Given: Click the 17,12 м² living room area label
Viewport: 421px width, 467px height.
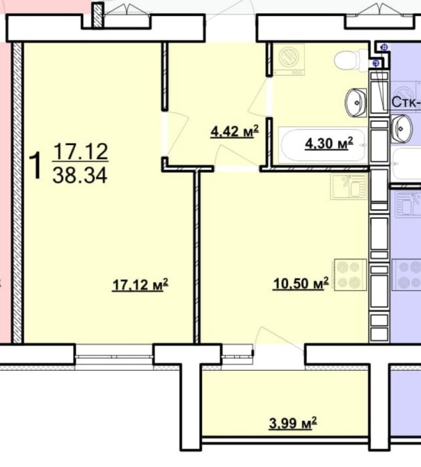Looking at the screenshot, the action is [x=140, y=284].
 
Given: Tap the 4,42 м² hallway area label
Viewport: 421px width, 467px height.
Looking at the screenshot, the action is [x=235, y=132].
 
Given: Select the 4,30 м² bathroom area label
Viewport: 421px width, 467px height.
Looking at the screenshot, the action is [x=329, y=144].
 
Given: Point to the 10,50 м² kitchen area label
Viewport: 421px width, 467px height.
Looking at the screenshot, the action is [x=301, y=284].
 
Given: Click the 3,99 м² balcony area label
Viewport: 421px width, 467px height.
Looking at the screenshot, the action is [x=293, y=423].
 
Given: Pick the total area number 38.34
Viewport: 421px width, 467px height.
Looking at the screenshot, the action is [x=80, y=175].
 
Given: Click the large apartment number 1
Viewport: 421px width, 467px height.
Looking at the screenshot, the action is [x=36, y=166].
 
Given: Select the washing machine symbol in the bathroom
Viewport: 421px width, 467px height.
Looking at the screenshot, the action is [x=289, y=59].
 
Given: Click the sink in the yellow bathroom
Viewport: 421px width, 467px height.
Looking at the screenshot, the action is [x=356, y=102].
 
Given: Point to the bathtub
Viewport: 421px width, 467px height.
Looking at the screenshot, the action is [x=323, y=146].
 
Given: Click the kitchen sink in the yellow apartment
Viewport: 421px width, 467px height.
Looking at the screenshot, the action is [x=349, y=187].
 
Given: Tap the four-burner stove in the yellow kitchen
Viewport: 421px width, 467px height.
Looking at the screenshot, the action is [x=350, y=275].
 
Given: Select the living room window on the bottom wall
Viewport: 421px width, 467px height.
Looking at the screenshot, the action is [x=114, y=355].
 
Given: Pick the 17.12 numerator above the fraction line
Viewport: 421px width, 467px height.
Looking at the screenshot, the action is [x=81, y=151].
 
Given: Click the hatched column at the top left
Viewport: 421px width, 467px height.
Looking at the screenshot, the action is [x=97, y=15].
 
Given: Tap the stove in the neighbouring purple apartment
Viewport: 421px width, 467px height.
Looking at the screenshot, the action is [x=406, y=275].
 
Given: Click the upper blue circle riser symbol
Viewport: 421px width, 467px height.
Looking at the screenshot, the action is [x=384, y=47].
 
